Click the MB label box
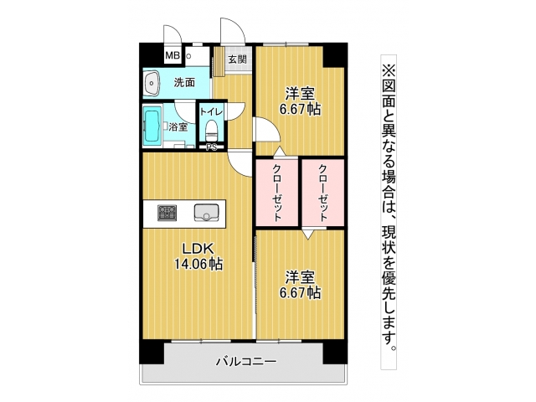(172, 57)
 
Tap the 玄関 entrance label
(238, 59)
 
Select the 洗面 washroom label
(184, 82)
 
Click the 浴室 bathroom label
(178, 127)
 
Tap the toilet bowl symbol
(212, 131)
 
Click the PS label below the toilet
(211, 148)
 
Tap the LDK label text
(197, 249)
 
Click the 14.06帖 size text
(198, 265)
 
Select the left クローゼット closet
(277, 192)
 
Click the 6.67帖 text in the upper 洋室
(301, 109)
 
